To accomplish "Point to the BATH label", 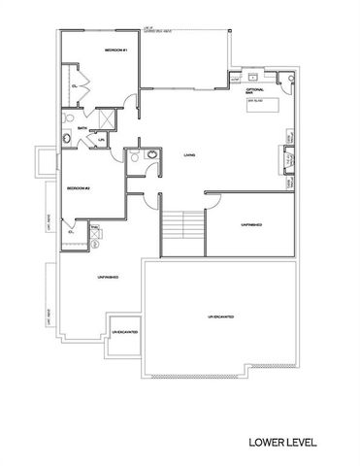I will (69, 127).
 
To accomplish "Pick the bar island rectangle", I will (263, 103).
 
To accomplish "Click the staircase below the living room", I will (182, 229).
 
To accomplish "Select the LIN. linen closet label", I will (102, 139).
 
